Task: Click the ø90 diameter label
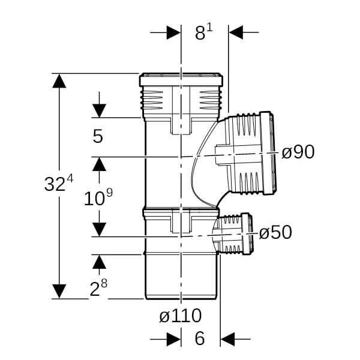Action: click(x=298, y=152)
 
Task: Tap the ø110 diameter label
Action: click(x=181, y=316)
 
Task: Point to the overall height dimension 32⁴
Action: click(x=59, y=183)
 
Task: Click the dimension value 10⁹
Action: click(x=98, y=197)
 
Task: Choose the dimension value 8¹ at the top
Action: click(x=203, y=32)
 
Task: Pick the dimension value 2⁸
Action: click(x=98, y=287)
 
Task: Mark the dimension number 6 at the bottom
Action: click(x=200, y=338)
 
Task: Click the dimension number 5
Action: click(x=98, y=136)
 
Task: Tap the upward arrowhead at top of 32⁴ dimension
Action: click(x=59, y=81)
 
